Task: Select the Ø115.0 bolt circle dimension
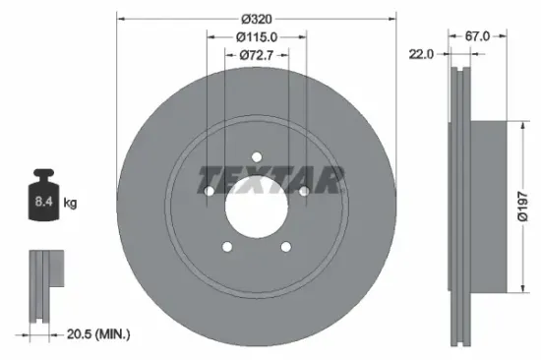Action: pos(256,36)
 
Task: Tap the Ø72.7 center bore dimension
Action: pos(257,55)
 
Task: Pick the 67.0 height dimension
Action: pos(477,36)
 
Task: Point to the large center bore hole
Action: pos(256,206)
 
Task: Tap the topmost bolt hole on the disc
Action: pos(256,157)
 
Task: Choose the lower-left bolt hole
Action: pos(227,247)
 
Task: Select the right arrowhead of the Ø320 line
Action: pos(392,17)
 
